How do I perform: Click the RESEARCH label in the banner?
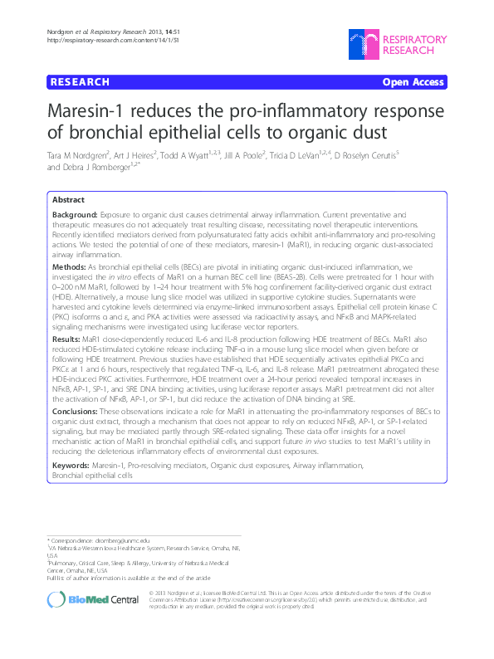(80, 82)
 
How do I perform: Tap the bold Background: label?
(73, 214)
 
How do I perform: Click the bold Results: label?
(66, 340)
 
